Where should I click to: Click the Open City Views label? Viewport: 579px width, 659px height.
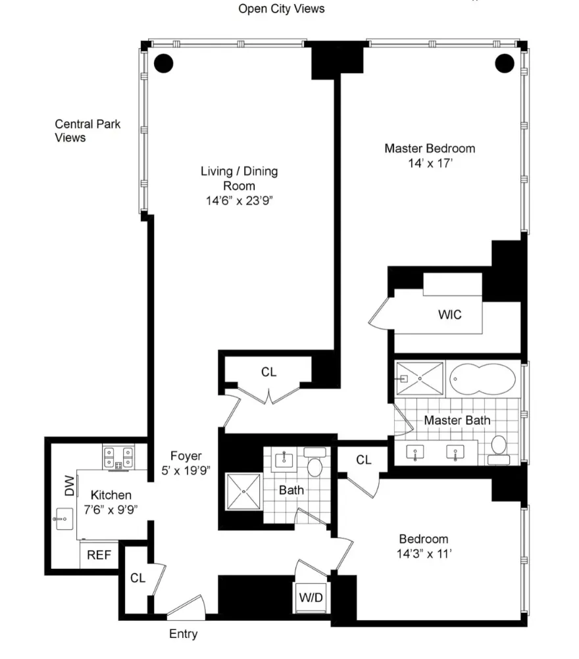click(281, 9)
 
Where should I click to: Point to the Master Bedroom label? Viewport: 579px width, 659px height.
click(429, 149)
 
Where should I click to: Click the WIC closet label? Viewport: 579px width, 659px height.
click(450, 315)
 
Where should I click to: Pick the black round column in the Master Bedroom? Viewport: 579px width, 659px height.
click(504, 63)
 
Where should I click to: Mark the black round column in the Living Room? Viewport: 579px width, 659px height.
click(163, 63)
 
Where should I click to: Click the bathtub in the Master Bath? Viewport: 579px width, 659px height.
click(484, 379)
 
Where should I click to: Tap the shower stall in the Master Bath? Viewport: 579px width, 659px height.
click(420, 379)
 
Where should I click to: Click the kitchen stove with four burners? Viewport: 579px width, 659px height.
click(118, 456)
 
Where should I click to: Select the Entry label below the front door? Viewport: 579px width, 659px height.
click(183, 635)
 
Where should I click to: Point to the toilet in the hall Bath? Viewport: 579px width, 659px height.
click(315, 466)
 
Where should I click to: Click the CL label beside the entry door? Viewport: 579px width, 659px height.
click(138, 578)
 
